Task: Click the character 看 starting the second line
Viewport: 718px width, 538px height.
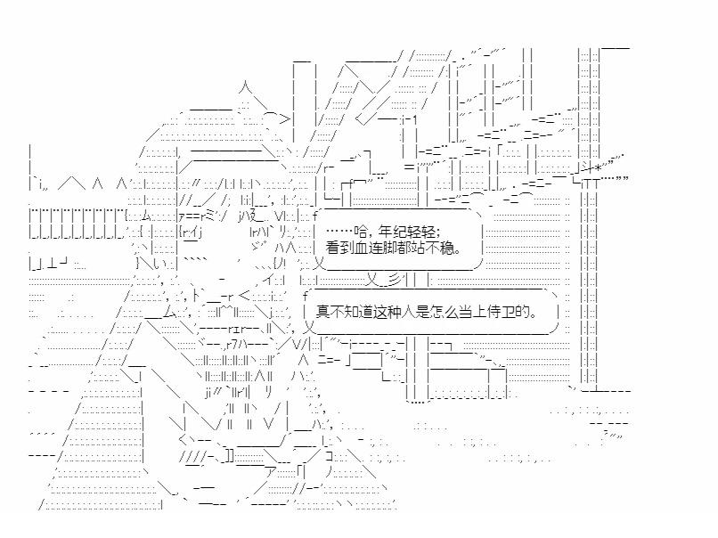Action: [x=335, y=249]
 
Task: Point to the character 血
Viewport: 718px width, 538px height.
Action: [x=363, y=249]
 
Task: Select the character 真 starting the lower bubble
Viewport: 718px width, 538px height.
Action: [x=322, y=312]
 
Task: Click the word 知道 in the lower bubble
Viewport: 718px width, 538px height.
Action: [x=358, y=312]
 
